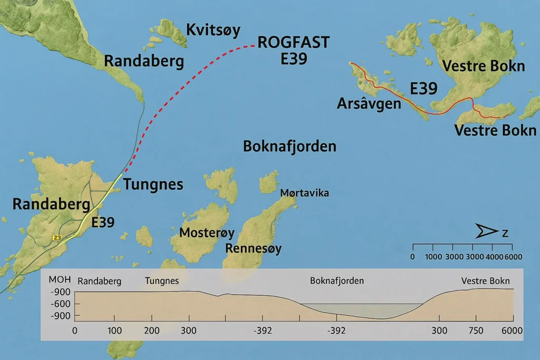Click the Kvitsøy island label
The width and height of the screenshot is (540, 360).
213,31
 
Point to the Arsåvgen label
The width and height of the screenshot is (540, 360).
369,103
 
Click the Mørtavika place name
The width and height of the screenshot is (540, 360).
305,193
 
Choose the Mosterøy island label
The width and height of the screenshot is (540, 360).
207,232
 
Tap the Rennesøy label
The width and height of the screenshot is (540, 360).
254,248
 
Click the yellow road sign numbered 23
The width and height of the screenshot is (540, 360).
56,238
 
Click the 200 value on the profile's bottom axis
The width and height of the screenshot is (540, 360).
151,330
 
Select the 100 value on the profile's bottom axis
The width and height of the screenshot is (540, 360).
114,330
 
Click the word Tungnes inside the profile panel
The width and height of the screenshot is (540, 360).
162,281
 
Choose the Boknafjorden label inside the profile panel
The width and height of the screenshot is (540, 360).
337,281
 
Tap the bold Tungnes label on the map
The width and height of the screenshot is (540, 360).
153,184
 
